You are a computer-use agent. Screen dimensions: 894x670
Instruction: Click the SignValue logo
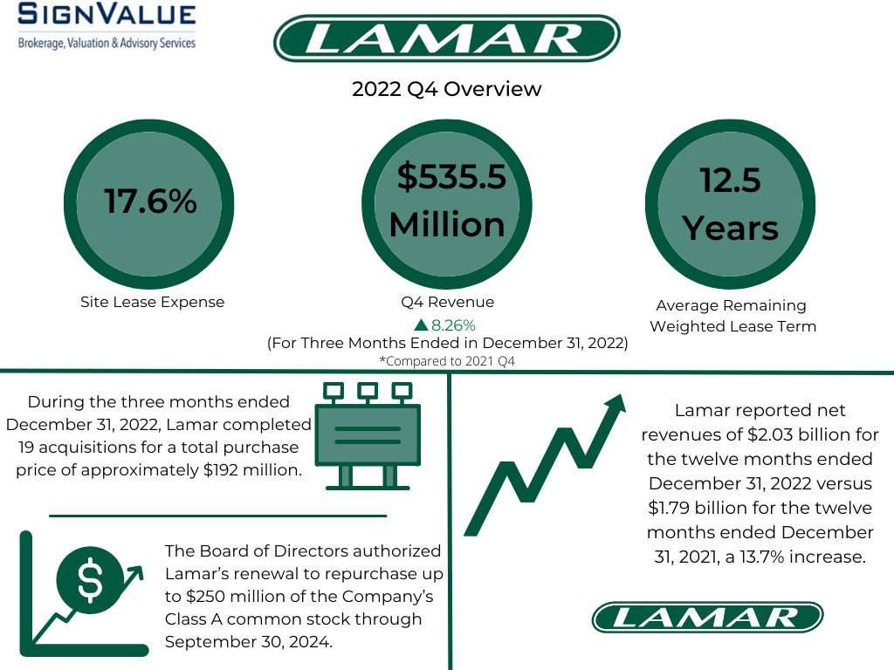click(x=107, y=26)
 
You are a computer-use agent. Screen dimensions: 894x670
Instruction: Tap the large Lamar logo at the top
click(x=446, y=38)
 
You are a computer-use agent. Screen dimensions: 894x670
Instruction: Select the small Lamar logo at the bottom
click(x=707, y=617)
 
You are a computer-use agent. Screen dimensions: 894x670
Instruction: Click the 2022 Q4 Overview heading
click(x=446, y=89)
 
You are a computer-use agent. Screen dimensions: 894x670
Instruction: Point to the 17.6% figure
click(x=150, y=202)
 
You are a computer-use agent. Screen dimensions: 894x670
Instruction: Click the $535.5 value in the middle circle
click(x=451, y=176)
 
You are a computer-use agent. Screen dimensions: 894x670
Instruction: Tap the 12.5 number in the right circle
click(x=731, y=180)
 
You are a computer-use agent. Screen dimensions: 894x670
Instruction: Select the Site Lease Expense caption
click(x=152, y=302)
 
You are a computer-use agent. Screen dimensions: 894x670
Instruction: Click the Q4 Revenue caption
click(x=448, y=302)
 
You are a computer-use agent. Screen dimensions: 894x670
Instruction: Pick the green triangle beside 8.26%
click(x=421, y=325)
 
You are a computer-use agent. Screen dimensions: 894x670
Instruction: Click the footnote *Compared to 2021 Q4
click(x=447, y=361)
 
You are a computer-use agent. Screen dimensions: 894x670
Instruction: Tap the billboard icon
click(x=368, y=436)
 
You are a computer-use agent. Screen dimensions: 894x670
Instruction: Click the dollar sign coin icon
click(x=90, y=580)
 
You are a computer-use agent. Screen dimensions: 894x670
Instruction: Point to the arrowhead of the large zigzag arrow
click(x=616, y=403)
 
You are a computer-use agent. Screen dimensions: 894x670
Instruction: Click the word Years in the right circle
click(x=731, y=229)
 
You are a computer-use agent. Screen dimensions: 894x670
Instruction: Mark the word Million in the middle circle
click(x=447, y=224)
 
